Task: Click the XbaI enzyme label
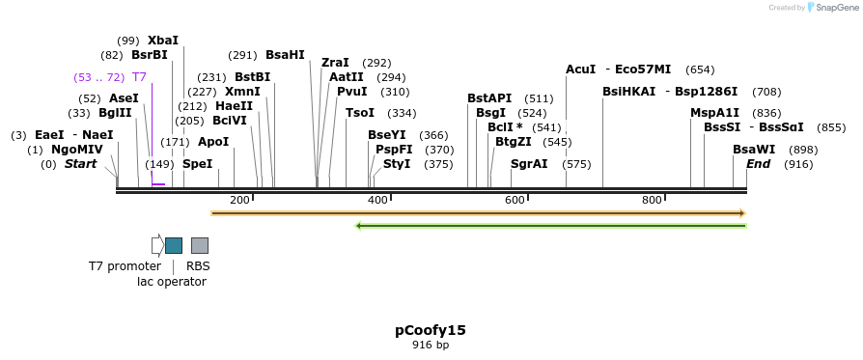(x=162, y=41)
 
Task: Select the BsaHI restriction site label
(x=285, y=55)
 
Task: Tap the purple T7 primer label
(x=139, y=77)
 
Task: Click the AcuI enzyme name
(x=581, y=69)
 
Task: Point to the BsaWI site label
(x=754, y=150)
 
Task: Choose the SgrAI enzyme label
(x=529, y=164)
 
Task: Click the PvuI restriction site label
(x=351, y=92)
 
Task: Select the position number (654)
(x=700, y=69)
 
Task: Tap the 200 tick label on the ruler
(x=239, y=200)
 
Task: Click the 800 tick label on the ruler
(x=652, y=200)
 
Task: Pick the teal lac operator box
(x=174, y=245)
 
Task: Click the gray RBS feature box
(x=200, y=245)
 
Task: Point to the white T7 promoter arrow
(x=157, y=245)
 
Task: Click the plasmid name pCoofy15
(x=431, y=330)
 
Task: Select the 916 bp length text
(x=431, y=345)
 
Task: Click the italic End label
(x=759, y=164)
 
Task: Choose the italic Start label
(x=81, y=164)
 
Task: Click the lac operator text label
(x=172, y=282)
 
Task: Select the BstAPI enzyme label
(x=489, y=98)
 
